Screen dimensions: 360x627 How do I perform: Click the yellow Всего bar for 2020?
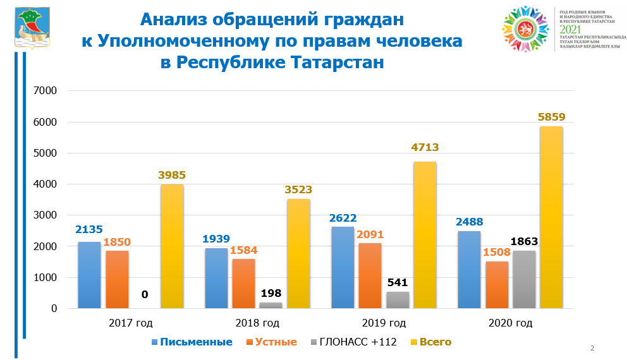pyautogui.click(x=551, y=217)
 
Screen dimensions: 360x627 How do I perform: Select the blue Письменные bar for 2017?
pyautogui.click(x=89, y=275)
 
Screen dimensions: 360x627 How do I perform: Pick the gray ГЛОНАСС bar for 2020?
pyautogui.click(x=524, y=279)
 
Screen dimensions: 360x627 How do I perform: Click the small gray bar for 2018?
pyautogui.click(x=271, y=305)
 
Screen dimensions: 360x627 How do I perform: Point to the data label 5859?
pyautogui.click(x=551, y=117)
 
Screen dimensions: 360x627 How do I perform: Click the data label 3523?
pyautogui.click(x=298, y=189)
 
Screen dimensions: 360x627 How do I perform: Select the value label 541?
pyautogui.click(x=397, y=282)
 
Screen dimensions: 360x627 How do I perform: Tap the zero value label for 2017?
pyautogui.click(x=144, y=294)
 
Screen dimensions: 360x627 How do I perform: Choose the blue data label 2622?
pyautogui.click(x=343, y=218)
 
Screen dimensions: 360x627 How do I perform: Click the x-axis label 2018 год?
pyautogui.click(x=257, y=323)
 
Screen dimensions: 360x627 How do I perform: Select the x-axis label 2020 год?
pyautogui.click(x=511, y=323)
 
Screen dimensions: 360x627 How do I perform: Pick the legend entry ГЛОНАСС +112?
pyautogui.click(x=356, y=342)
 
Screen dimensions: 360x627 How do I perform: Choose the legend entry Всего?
pyautogui.click(x=434, y=342)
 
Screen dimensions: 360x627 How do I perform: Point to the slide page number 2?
pyautogui.click(x=592, y=348)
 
